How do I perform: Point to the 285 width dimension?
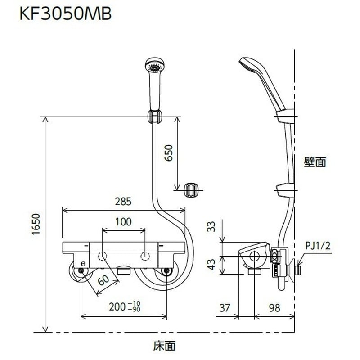(123, 202)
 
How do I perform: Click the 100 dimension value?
(123, 221)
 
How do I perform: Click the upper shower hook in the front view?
(154, 117)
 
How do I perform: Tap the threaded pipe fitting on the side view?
(298, 271)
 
